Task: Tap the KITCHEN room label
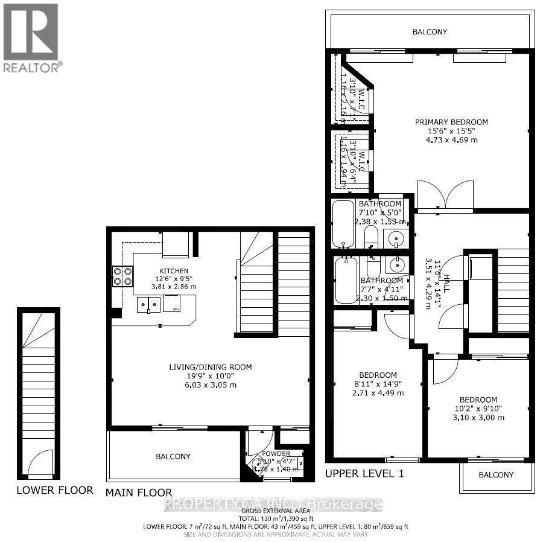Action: tap(174, 271)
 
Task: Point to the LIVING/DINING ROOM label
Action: tap(211, 367)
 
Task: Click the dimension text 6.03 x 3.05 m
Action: tap(211, 385)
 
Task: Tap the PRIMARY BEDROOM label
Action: tap(451, 122)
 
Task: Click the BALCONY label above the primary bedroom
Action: tap(430, 31)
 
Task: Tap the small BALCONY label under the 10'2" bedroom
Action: tap(496, 475)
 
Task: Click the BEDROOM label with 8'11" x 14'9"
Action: tap(378, 375)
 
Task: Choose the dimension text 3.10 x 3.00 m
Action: tap(478, 418)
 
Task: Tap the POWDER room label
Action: tap(276, 454)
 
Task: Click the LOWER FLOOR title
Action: tap(55, 490)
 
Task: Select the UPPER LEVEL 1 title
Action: tap(364, 474)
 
